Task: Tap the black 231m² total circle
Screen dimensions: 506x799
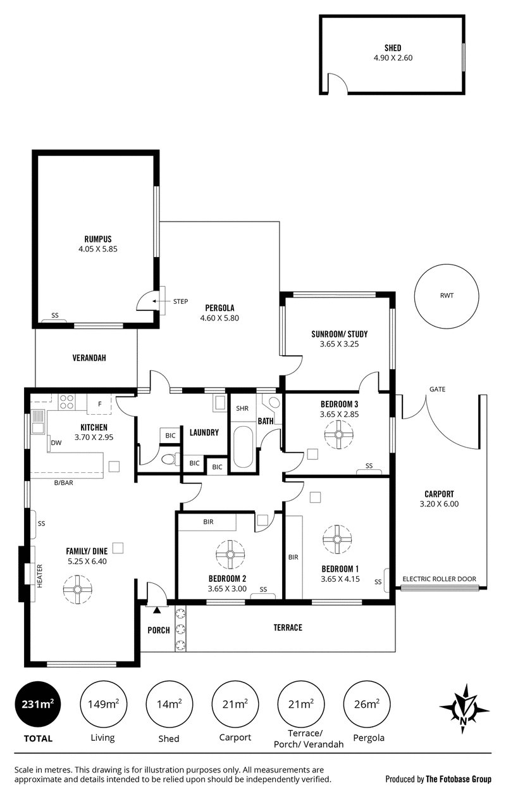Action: [x=38, y=705]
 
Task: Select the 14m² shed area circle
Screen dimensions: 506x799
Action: [x=170, y=705]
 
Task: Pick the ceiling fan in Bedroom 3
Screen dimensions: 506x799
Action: [x=338, y=434]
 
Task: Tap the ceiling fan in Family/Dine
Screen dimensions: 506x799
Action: [x=77, y=589]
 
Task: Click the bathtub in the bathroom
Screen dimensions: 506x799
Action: [x=242, y=447]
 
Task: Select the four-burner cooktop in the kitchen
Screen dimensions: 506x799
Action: [x=66, y=402]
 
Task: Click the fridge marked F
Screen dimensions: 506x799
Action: [x=99, y=404]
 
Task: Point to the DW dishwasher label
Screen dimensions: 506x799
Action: [x=56, y=443]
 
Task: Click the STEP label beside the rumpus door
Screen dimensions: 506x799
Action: [x=181, y=301]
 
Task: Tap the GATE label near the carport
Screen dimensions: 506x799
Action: [x=437, y=389]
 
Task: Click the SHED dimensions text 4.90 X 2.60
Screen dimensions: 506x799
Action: [x=393, y=58]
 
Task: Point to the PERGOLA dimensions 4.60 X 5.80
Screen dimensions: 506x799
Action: [x=219, y=318]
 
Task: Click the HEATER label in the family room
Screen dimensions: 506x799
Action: [x=40, y=576]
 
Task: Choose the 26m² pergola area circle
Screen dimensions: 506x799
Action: [x=367, y=705]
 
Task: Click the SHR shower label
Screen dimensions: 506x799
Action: [x=242, y=408]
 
